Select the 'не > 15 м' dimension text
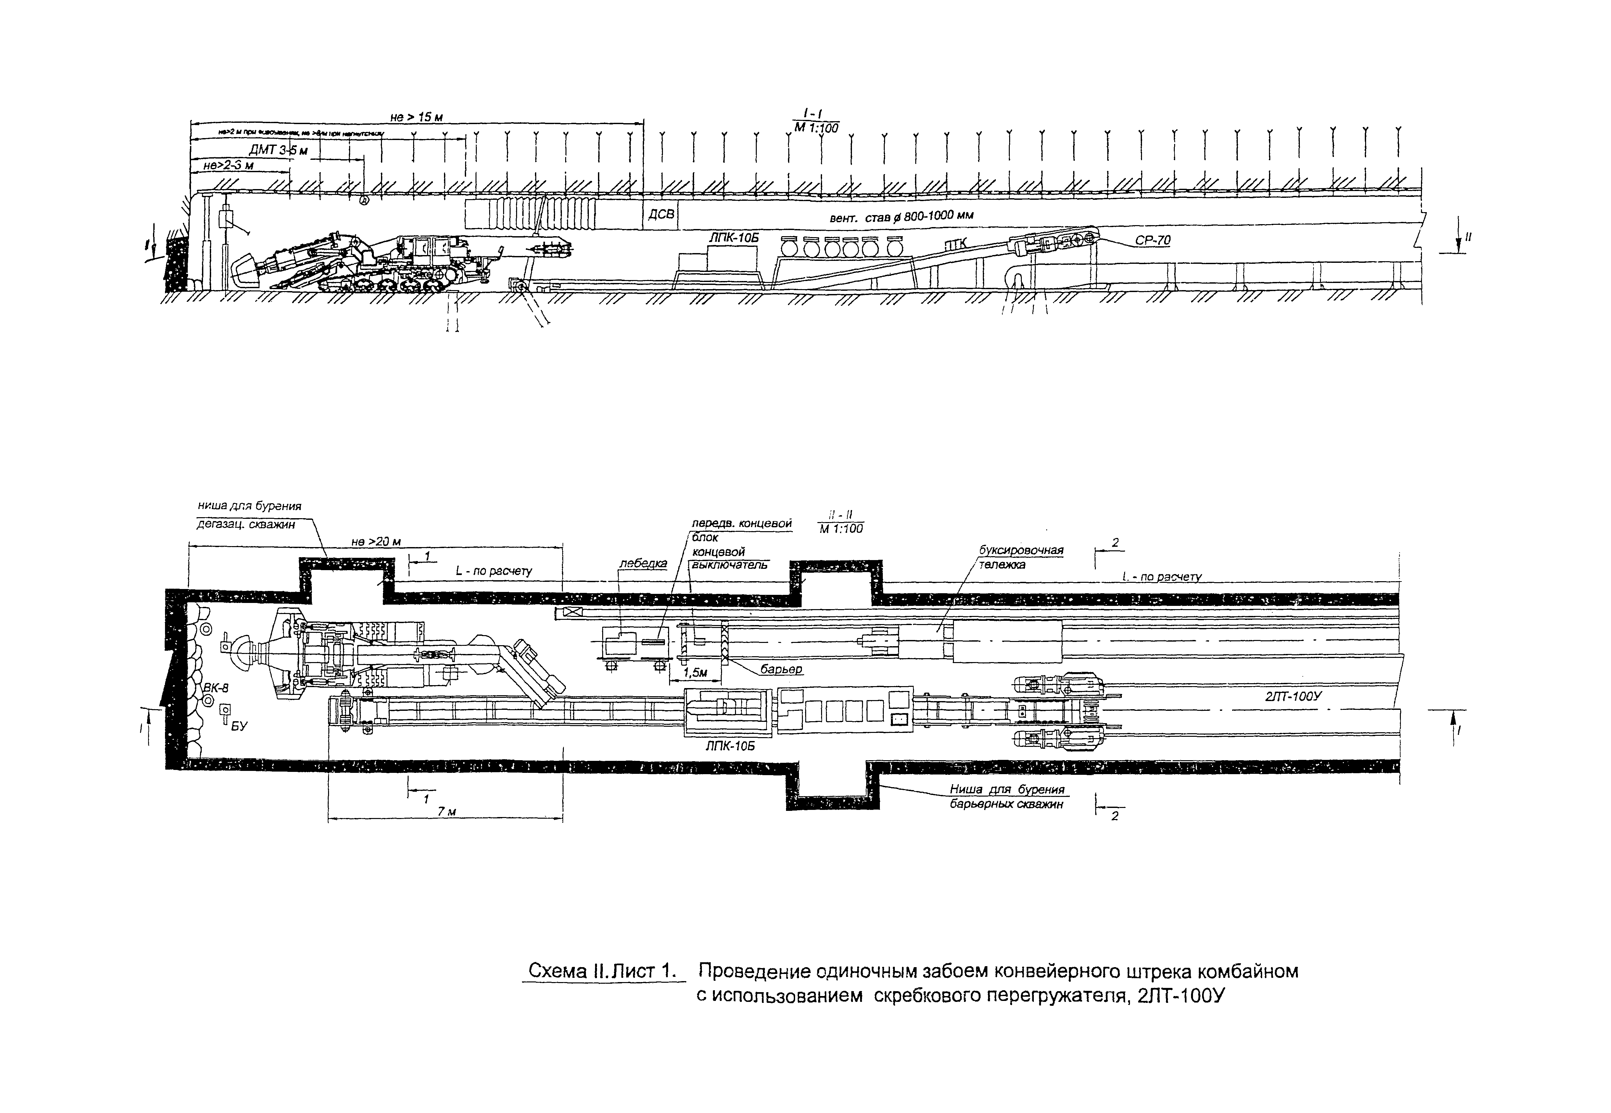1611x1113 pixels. point(416,117)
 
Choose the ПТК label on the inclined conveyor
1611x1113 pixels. point(960,244)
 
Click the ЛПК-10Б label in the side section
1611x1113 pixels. point(733,238)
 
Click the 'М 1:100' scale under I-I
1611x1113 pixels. point(816,128)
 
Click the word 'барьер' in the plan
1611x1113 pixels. point(781,669)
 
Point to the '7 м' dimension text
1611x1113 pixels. point(446,812)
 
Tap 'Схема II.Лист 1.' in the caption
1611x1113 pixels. point(603,971)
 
